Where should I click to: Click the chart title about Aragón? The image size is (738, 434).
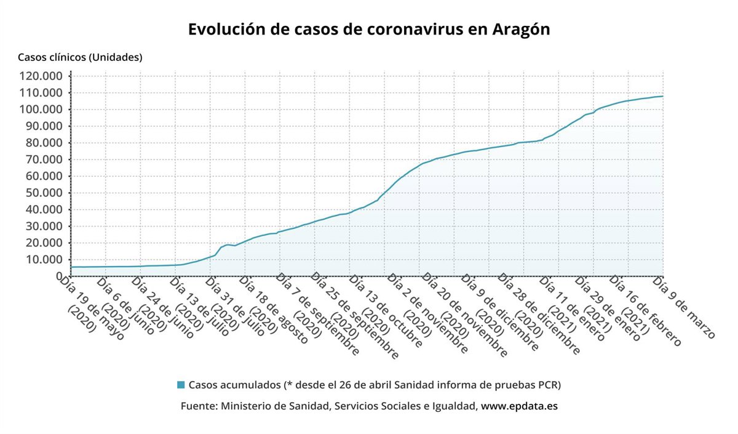pos(369,30)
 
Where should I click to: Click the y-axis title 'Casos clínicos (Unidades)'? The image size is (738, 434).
pos(80,57)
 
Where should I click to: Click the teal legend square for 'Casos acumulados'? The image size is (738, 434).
pos(181,385)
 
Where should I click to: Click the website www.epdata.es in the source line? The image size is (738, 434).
pos(519,406)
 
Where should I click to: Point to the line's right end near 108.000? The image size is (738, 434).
pos(662,96)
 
